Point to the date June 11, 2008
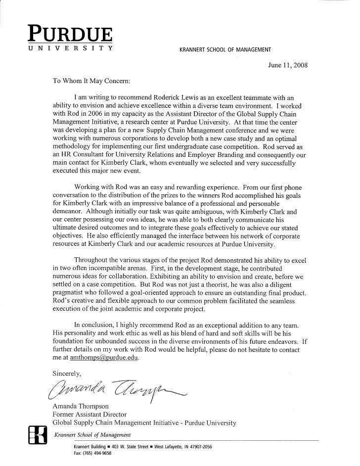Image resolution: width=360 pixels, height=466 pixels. pyautogui.click(x=287, y=65)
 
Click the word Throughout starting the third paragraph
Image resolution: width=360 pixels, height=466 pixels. pyautogui.click(x=92, y=260)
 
